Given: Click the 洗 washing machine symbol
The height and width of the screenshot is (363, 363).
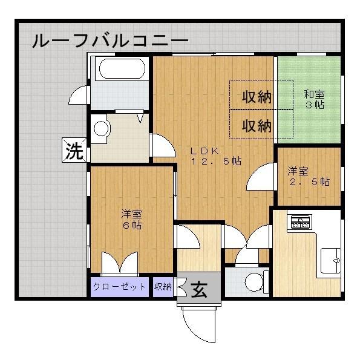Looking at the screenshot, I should click(74, 151).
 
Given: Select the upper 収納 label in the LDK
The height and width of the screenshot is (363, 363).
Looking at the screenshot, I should click(257, 96).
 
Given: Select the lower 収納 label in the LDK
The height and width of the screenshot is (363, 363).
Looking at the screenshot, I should click(257, 126).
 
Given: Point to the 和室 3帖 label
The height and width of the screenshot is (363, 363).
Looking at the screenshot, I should click(313, 99).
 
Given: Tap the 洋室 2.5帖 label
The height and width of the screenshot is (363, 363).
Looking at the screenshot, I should click(307, 175).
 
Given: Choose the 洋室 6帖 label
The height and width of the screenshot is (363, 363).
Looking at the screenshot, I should click(131, 219).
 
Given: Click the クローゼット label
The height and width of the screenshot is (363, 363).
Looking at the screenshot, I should click(120, 286).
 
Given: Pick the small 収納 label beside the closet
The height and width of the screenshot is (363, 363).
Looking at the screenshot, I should click(162, 286).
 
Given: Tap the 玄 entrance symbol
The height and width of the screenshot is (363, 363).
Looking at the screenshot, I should click(199, 290).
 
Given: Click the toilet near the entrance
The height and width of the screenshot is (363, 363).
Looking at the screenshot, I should click(254, 281).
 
